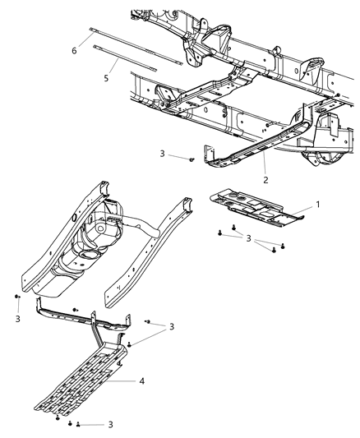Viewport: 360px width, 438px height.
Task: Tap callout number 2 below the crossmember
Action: (x=265, y=178)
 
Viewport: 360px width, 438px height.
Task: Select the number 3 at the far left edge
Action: (x=16, y=318)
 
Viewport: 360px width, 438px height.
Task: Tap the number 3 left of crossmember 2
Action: (x=163, y=154)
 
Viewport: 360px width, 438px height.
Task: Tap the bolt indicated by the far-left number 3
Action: (x=16, y=296)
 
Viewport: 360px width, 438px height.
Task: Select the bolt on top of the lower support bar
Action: (x=75, y=310)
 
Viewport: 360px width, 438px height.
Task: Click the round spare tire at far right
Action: (x=317, y=155)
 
